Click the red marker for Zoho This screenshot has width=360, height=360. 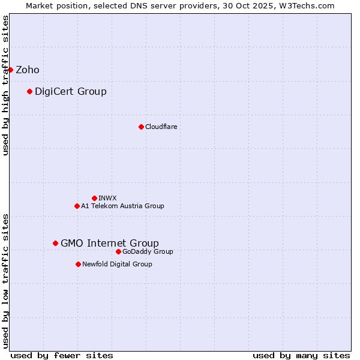[10, 70]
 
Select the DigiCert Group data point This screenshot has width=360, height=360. [29, 91]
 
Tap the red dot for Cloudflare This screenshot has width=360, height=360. [141, 127]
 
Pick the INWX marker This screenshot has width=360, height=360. [94, 198]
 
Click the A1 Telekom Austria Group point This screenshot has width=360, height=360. [77, 206]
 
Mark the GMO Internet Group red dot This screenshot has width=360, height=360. [55, 243]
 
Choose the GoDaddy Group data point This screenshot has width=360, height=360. [118, 251]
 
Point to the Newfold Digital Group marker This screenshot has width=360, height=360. [78, 264]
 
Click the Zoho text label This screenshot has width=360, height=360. [28, 70]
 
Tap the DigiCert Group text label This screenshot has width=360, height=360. [71, 91]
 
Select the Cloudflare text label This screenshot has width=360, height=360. [161, 127]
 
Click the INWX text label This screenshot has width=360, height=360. [108, 198]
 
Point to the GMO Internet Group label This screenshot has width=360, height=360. [110, 243]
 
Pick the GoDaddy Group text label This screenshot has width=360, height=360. [148, 251]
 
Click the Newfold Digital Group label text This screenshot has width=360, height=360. [117, 264]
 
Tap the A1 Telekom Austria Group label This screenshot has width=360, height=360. [122, 206]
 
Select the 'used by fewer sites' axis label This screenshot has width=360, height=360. [62, 355]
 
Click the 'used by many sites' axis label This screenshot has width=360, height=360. [301, 355]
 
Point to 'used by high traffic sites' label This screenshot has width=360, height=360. [5, 85]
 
